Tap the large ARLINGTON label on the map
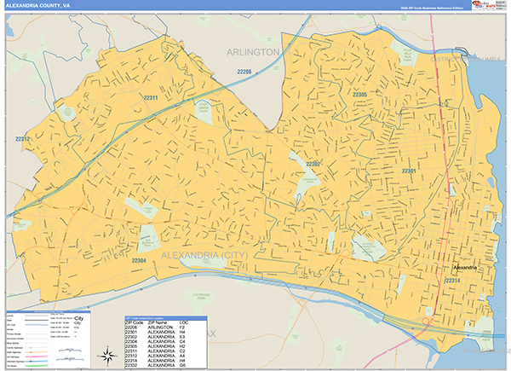pyautogui.click(x=253, y=52)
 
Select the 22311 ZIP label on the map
pyautogui.click(x=152, y=98)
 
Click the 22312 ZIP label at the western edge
pyautogui.click(x=22, y=138)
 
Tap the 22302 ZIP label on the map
pyautogui.click(x=313, y=164)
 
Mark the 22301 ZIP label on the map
pyautogui.click(x=409, y=171)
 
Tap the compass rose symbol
pyautogui.click(x=108, y=356)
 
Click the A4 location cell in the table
pyautogui.click(x=182, y=356)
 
